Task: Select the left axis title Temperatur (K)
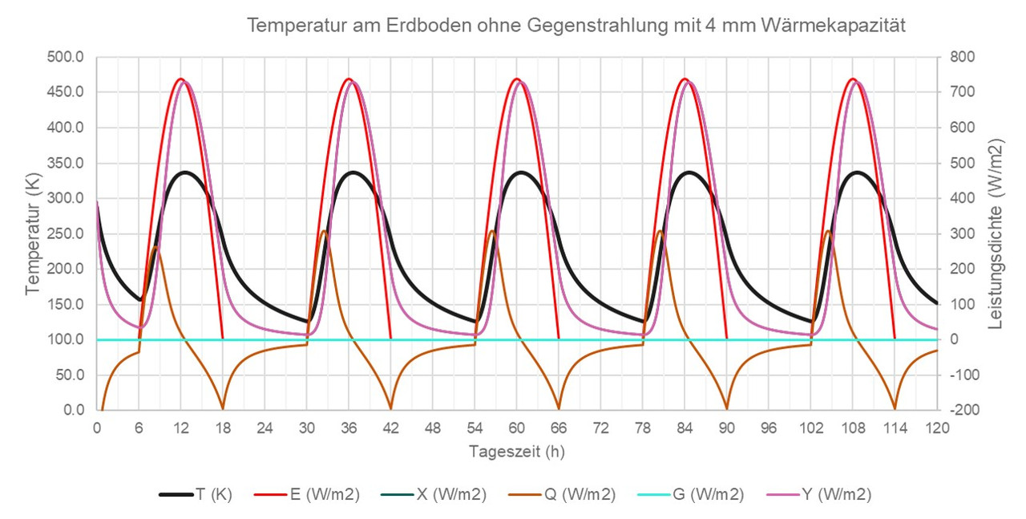tap(33, 233)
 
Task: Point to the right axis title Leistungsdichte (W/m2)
tap(996, 233)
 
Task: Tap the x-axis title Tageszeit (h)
tap(516, 452)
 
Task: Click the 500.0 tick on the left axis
tap(67, 57)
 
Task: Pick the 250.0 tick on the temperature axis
tap(67, 233)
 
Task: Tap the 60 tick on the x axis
tap(517, 428)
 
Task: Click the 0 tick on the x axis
tap(97, 428)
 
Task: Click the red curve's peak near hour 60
tap(516, 79)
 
